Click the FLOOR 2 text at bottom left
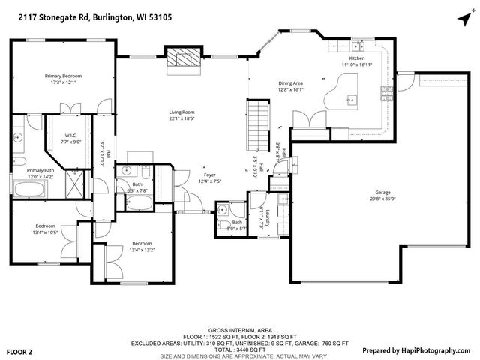click(x=20, y=351)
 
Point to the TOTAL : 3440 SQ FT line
click(x=239, y=349)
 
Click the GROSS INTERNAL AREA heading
click(x=239, y=330)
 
